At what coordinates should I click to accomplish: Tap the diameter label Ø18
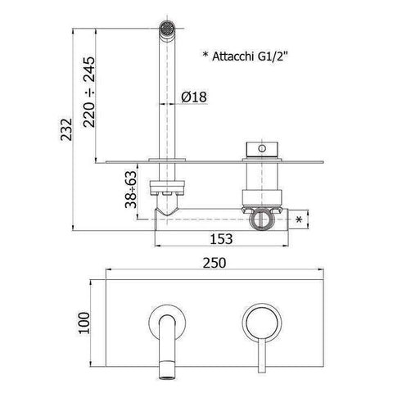pos(193,97)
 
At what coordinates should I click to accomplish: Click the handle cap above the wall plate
pos(260,150)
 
